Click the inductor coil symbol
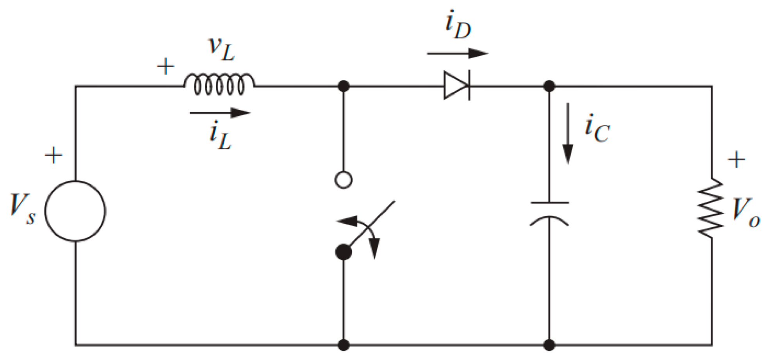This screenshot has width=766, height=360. coord(219,84)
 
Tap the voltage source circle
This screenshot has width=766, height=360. coord(75,211)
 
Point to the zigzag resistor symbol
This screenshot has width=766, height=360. coord(711,209)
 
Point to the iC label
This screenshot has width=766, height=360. coord(597,129)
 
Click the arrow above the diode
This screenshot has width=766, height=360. coord(458,53)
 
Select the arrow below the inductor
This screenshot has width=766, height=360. coord(220,113)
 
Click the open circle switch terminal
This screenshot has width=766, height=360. coord(343,180)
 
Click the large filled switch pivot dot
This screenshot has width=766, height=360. coord(343,252)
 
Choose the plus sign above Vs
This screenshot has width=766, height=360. coord(53,155)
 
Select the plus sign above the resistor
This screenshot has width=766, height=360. coord(736,159)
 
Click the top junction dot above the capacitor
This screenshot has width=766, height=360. coord(549,86)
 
